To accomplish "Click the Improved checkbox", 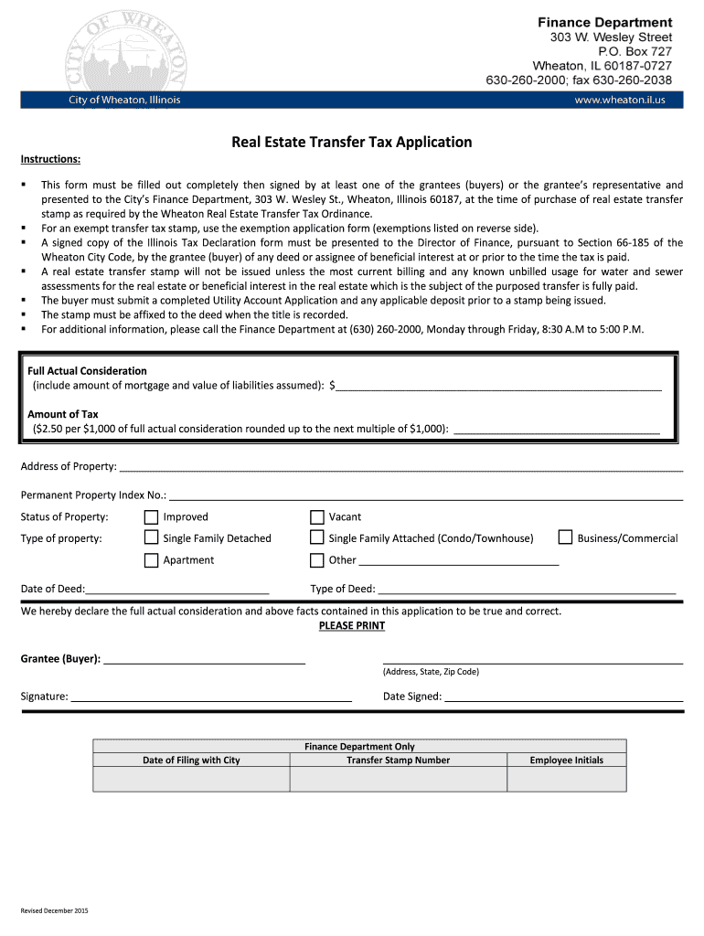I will point(152,517).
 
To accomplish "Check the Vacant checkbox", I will point(317,517).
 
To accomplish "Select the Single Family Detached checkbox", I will point(152,538).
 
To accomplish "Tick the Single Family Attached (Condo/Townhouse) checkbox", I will point(317,538).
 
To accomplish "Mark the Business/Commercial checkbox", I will point(565,538).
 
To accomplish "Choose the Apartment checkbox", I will point(152,560).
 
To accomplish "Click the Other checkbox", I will point(317,560).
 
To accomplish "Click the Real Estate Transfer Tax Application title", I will point(351,143).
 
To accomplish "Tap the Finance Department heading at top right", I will point(604,22).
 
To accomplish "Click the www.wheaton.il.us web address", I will point(619,100).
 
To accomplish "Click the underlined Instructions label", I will point(50,160).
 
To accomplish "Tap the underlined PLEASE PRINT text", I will point(351,626).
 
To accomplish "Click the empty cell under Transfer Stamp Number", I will point(398,779).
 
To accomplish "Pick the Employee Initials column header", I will point(566,760).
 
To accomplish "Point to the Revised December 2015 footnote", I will point(55,910).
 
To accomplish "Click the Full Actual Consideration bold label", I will point(87,371).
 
